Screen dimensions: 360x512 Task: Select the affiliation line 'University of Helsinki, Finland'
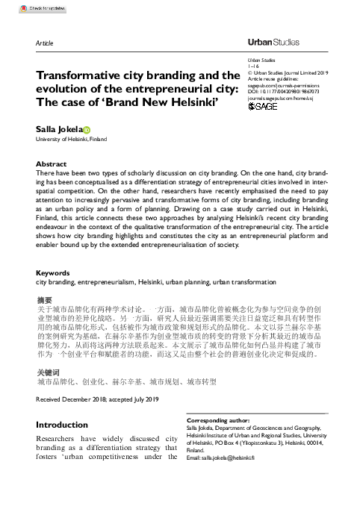73,140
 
